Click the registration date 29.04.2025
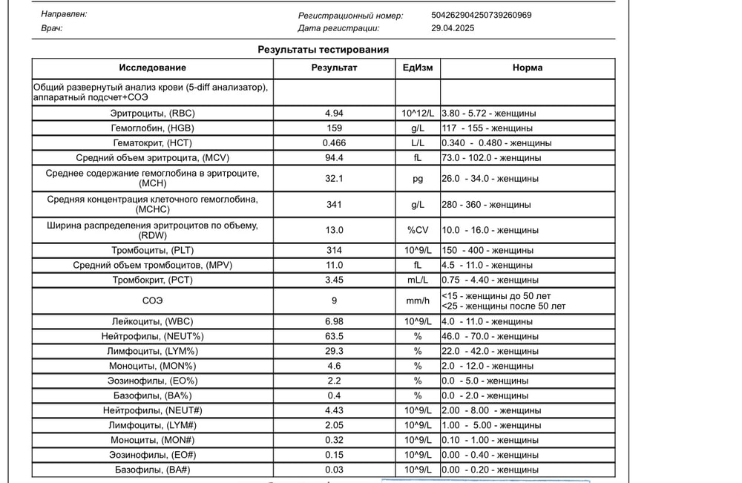point(453,28)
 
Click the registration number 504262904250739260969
point(481,15)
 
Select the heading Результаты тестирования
point(323,50)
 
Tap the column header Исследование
point(152,68)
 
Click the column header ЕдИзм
point(418,68)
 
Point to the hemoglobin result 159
point(334,128)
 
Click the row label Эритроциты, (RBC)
point(152,114)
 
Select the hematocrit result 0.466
point(334,142)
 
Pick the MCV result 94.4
point(334,157)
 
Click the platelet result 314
point(334,250)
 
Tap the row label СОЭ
point(152,300)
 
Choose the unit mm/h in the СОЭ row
point(418,300)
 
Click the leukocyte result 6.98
point(334,321)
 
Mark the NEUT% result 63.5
point(334,336)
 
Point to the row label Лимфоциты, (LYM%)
point(152,351)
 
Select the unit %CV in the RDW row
point(418,230)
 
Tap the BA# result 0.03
point(334,470)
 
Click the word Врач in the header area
point(52,28)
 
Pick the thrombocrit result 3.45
point(334,280)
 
